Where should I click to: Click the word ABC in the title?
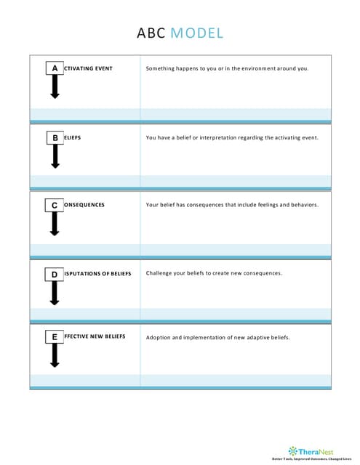tap(151, 33)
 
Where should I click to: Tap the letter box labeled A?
tap(55, 68)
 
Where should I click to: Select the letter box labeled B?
tap(55, 137)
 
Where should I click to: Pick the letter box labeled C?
tap(55, 206)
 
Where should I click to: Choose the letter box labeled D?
tap(55, 274)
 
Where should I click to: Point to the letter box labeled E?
tap(55, 337)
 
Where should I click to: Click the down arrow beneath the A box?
tap(55, 87)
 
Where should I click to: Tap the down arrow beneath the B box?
tap(55, 155)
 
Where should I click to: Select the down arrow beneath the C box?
tap(55, 224)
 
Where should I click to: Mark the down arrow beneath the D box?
tap(55, 292)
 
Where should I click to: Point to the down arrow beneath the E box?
tap(55, 355)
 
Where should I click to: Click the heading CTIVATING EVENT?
tap(88, 68)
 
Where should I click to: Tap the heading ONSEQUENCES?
tap(84, 205)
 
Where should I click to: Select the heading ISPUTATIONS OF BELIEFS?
tap(97, 273)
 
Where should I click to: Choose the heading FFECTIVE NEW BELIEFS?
tap(95, 336)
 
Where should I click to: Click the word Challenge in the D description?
tap(159, 273)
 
